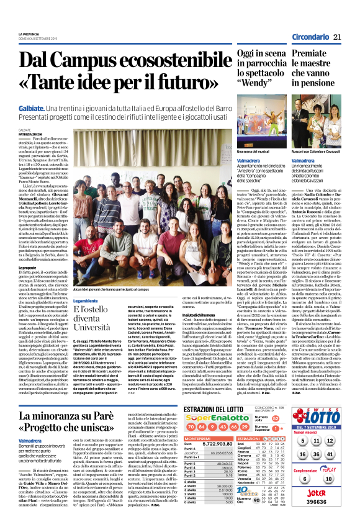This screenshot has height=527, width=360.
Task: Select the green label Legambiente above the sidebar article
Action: (86, 301)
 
